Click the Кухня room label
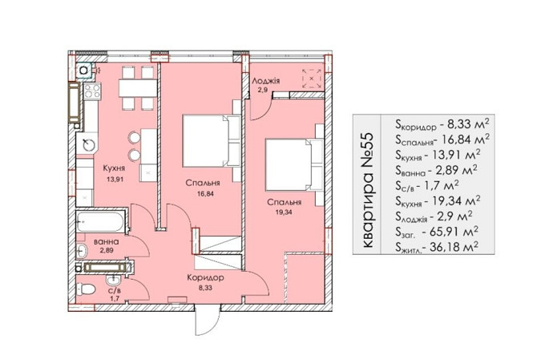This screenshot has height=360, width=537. [114, 168]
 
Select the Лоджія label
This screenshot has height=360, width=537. [266, 81]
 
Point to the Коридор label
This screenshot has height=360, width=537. [205, 277]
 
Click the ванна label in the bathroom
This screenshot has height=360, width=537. [107, 241]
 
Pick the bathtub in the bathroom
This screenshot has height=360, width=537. [100, 222]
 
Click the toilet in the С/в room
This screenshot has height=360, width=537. [86, 289]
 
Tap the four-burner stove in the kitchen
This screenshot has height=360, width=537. [92, 91]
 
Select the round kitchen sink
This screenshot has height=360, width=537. [89, 145]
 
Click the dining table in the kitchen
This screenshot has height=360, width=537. [138, 88]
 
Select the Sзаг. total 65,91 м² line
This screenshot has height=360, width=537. [437, 232]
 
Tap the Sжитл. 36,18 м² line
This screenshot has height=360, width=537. [437, 247]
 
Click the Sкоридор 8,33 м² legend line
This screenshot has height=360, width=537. [442, 124]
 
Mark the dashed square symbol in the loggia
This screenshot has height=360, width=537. [311, 79]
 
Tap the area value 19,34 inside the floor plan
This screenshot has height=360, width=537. [285, 212]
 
